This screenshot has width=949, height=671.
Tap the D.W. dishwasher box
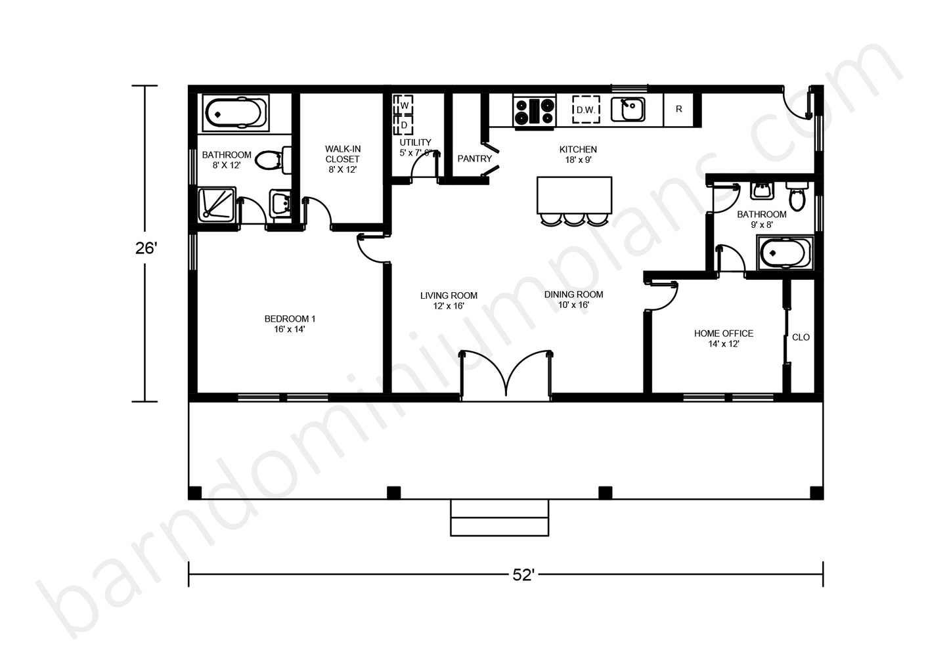[586, 110]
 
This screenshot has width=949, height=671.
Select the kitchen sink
[628, 109]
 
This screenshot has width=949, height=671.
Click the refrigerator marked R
[678, 109]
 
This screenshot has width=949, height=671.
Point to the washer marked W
[403, 105]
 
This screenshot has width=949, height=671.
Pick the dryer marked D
[403, 125]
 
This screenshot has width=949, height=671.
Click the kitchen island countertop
[574, 195]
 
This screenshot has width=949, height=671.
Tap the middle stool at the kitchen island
[574, 219]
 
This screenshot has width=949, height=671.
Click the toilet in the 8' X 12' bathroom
[274, 160]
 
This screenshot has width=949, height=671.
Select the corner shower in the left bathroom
[217, 205]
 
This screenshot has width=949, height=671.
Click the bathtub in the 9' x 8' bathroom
[785, 253]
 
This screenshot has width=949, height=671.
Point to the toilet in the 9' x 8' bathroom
[797, 196]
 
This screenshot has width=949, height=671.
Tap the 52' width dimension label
[523, 575]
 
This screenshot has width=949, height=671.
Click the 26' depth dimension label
[146, 248]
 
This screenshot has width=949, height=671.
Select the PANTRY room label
[474, 158]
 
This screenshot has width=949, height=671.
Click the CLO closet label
[801, 337]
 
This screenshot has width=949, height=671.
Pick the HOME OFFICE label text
[724, 334]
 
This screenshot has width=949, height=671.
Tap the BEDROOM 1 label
[290, 318]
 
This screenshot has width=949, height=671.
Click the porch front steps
[500, 517]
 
